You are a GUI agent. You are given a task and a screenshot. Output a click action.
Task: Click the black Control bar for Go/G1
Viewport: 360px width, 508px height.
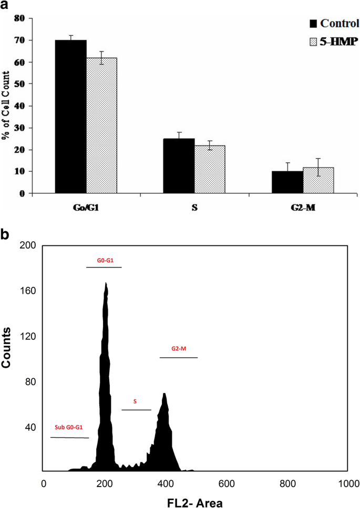pyautogui.click(x=71, y=117)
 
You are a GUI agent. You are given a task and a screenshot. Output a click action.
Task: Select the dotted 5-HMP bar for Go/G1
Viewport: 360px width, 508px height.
pyautogui.click(x=101, y=126)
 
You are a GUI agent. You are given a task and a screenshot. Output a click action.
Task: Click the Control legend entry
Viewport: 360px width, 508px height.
pyautogui.click(x=328, y=23)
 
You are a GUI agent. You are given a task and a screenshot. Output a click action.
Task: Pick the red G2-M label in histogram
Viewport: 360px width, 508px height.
pyautogui.click(x=179, y=348)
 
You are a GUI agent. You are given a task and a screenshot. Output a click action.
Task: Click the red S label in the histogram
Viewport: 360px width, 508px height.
pyautogui.click(x=136, y=401)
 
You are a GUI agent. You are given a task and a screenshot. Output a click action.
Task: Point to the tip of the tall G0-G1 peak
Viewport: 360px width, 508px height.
pyautogui.click(x=106, y=283)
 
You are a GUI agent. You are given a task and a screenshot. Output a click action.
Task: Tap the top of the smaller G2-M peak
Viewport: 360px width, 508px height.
pyautogui.click(x=164, y=393)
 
